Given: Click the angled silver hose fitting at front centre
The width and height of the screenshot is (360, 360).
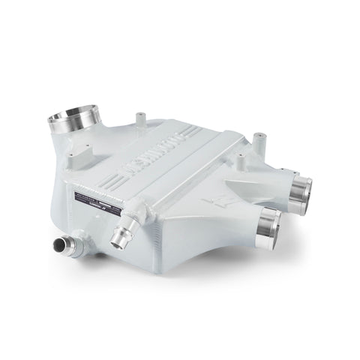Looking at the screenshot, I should coord(118,238).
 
